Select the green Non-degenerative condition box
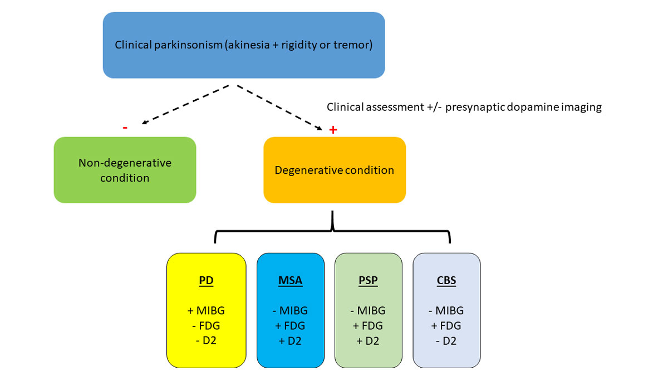(125, 170)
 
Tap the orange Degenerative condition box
(334, 170)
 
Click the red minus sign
(125, 128)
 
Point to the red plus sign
(333, 130)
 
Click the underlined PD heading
(206, 281)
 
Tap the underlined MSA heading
(290, 281)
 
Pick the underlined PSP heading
(368, 281)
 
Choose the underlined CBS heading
(446, 281)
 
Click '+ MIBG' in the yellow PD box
(206, 311)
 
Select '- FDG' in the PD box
(206, 326)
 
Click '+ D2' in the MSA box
(290, 341)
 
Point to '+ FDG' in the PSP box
(368, 326)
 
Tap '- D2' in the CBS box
(446, 341)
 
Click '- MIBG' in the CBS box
(446, 311)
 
